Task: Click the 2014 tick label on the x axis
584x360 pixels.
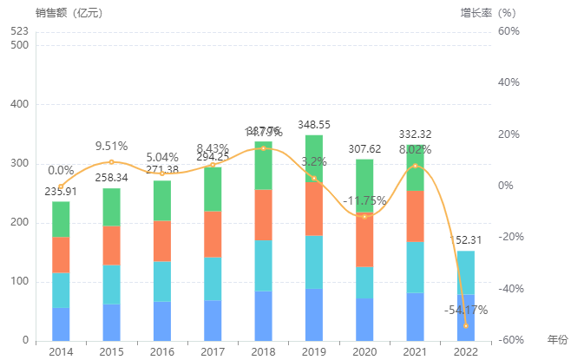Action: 61,351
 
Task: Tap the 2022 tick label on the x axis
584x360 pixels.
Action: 465,351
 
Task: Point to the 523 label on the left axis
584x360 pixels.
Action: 20,31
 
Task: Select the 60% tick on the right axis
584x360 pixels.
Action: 509,31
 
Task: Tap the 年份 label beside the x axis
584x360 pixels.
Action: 557,337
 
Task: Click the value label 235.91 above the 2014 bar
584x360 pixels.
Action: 61,193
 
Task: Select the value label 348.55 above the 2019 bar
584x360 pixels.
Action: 314,125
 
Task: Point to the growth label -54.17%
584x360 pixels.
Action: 465,310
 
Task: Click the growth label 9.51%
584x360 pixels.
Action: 111,146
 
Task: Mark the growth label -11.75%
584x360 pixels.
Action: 364,200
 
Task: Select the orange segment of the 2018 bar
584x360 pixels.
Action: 263,215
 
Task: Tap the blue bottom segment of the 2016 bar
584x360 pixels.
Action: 162,321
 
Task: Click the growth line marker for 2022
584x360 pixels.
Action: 465,325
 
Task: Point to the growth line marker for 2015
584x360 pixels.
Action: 111,162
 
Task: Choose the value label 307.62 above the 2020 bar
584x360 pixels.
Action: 364,148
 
